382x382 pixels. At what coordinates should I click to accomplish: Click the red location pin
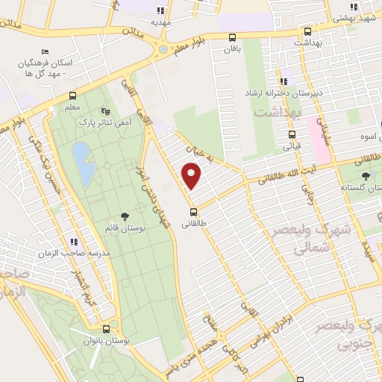(192, 177)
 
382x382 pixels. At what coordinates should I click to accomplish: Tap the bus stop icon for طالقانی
(193, 210)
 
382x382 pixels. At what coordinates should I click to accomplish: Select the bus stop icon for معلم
(72, 95)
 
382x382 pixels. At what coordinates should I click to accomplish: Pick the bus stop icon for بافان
(233, 38)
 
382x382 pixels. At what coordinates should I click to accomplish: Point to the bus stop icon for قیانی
(291, 135)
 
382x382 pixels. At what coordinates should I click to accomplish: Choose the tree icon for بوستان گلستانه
(365, 176)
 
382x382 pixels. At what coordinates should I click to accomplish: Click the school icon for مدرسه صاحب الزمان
(74, 242)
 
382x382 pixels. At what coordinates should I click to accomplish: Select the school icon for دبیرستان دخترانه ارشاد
(283, 81)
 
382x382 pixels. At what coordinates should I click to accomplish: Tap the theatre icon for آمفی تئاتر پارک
(114, 110)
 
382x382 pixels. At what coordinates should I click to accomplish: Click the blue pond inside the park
(84, 164)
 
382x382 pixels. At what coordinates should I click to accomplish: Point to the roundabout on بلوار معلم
(163, 49)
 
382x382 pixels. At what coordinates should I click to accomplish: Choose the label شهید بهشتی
(356, 16)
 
